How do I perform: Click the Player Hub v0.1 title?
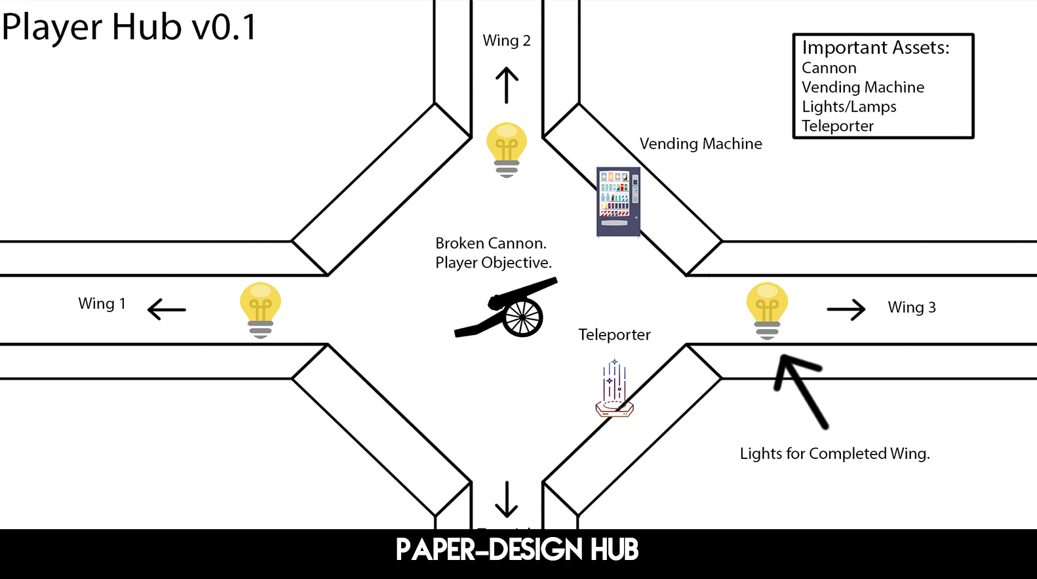[129, 27]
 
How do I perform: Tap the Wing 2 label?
[507, 41]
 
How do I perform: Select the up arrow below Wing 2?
[507, 85]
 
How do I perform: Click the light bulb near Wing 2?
[507, 149]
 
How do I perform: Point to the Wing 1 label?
[102, 304]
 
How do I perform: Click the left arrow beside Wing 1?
[166, 309]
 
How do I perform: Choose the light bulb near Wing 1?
[260, 309]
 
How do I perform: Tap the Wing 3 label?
[912, 308]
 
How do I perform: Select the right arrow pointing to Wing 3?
[846, 309]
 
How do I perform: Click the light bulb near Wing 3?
[767, 309]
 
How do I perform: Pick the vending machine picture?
[617, 201]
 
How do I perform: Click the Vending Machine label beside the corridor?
[701, 144]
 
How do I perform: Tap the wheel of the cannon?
[522, 317]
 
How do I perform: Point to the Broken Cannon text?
[491, 243]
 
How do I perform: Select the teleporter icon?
[614, 391]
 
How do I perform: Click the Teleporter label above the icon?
[614, 334]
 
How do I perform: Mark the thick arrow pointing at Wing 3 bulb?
[800, 389]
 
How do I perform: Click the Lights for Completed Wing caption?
[834, 454]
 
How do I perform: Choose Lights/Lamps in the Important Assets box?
[849, 107]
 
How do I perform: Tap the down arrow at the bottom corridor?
[507, 500]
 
